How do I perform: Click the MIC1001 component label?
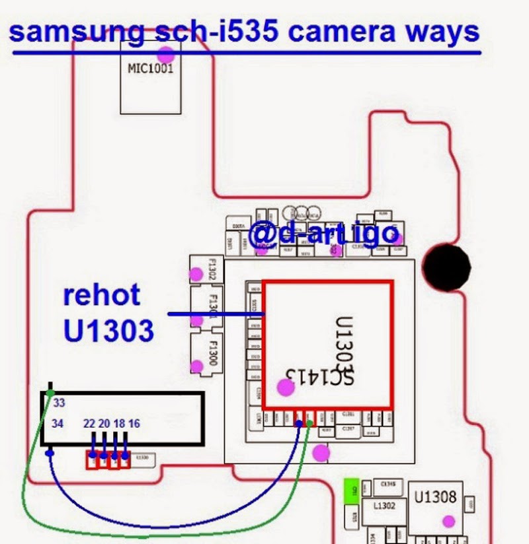150,69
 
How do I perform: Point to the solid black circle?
447,267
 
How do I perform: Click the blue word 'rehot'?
102,294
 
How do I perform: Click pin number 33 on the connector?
60,402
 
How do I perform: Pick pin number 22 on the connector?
91,423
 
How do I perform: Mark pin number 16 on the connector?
134,423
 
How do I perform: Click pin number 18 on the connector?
120,423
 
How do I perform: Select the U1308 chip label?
435,497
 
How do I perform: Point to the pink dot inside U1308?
449,522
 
